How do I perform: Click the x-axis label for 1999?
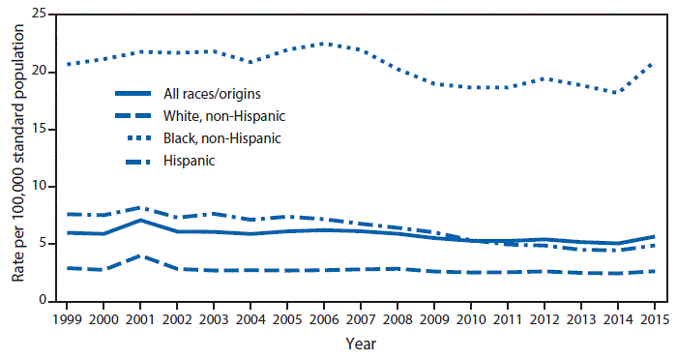68,317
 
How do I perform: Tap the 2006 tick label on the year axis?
324,317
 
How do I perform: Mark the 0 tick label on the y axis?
42,301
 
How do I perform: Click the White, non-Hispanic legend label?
231,116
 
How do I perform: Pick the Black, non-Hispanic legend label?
230,138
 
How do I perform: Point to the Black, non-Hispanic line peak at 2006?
324,44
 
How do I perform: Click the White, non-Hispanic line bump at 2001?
141,256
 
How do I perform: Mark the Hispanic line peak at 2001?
141,207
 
